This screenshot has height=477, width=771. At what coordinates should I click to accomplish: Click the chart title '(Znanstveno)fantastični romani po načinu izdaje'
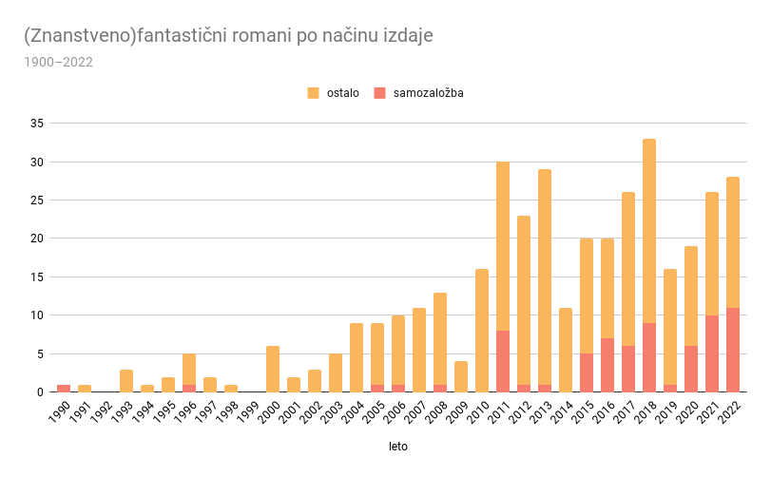(228, 36)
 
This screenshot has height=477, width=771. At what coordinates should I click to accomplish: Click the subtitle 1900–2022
(58, 63)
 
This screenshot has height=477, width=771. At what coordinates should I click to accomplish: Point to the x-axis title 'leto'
(397, 445)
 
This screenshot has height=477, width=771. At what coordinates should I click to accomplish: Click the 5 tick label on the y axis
(39, 353)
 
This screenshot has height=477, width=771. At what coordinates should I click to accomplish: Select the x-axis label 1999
(247, 412)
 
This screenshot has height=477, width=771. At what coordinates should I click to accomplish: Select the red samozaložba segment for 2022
(733, 350)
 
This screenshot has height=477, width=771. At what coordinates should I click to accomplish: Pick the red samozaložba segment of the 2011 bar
(503, 361)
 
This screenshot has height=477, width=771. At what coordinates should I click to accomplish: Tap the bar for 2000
(273, 369)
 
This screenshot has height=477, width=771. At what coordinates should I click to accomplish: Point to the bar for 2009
(461, 376)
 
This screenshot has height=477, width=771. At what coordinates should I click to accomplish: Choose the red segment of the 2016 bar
(607, 365)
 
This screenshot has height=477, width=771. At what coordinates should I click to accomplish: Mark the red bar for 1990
(64, 388)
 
